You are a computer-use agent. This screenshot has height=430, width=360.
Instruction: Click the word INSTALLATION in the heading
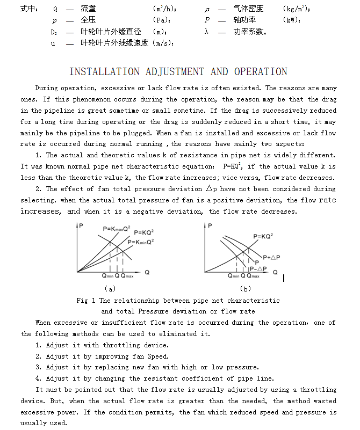[105, 72]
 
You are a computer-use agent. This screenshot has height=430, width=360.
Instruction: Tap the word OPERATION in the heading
[261, 72]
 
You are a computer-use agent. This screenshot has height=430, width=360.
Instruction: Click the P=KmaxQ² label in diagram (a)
[117, 229]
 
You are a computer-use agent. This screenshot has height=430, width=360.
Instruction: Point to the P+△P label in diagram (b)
[271, 257]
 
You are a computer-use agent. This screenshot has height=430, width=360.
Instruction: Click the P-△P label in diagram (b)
[258, 268]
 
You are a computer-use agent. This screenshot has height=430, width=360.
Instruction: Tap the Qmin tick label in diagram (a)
[108, 275]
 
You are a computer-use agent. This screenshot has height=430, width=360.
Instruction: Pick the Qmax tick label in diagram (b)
[252, 275]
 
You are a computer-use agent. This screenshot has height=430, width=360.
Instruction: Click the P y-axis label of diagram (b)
[210, 225]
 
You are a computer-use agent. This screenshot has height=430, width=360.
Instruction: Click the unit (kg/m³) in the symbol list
[296, 9]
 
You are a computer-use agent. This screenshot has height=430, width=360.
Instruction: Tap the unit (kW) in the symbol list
[291, 20]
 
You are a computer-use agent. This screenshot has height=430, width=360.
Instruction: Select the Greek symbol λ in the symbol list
[206, 32]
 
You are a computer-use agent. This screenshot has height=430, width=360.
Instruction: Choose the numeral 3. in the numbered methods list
[39, 367]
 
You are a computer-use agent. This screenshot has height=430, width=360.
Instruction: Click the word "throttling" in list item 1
[122, 345]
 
